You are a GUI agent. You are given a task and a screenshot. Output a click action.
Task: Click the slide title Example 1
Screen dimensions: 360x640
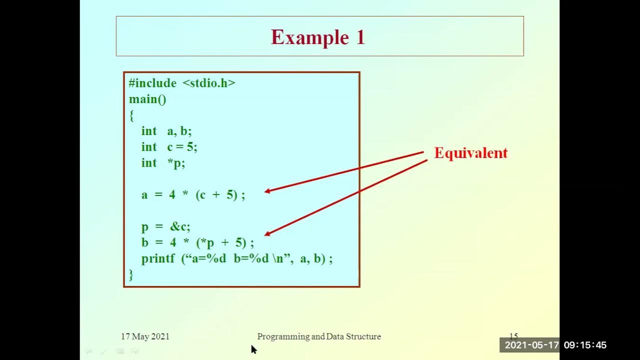pos(318,37)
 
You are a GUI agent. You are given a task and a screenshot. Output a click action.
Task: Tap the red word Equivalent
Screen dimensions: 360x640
pos(470,153)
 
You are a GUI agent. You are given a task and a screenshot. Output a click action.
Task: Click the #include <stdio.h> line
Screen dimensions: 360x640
pos(182,83)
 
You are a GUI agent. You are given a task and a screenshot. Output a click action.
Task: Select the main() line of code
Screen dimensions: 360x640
pos(147,99)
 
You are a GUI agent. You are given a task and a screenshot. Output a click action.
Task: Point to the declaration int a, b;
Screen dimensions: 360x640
pos(166,131)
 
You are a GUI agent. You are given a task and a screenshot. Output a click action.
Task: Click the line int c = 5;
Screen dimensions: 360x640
pos(169,147)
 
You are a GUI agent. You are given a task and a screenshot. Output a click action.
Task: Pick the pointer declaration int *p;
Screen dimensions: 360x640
pos(163,163)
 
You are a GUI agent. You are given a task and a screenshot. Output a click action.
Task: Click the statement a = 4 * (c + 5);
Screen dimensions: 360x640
pos(193,194)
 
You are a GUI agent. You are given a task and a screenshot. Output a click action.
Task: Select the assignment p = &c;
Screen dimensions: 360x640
pos(166,226)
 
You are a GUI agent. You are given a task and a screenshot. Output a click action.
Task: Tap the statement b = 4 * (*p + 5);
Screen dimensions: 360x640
pos(197,242)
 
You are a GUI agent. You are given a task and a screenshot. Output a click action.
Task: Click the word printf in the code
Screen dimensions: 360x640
pos(158,258)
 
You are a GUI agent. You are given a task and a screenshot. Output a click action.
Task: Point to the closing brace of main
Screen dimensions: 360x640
pos(131,274)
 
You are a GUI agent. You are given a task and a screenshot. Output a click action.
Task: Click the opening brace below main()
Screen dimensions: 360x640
pos(131,115)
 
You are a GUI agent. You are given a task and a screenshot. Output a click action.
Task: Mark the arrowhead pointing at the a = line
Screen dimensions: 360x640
pos(267,190)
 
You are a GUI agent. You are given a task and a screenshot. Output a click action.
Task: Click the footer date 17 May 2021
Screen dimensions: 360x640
pos(145,336)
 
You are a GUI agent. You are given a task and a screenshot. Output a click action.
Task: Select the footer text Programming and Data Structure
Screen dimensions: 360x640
pos(319,336)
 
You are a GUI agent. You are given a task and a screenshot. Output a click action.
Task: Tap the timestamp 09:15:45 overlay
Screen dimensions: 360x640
pos(585,345)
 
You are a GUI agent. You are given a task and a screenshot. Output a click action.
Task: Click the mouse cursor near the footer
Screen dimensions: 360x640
pos(253,349)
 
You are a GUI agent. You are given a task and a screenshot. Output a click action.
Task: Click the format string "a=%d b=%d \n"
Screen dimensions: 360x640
pos(236,258)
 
